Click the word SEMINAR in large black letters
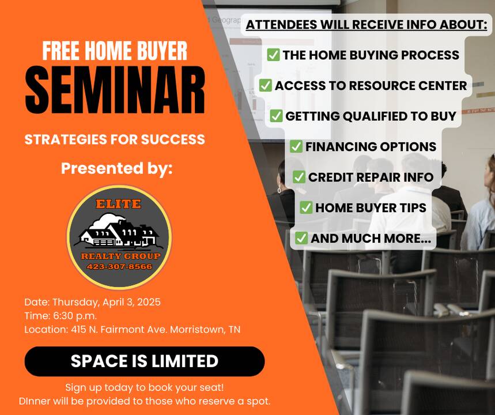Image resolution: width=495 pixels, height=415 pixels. tap(115, 90)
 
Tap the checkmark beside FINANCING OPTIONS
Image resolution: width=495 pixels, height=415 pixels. tap(296, 146)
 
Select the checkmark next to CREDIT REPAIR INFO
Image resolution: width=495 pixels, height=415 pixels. tap(298, 177)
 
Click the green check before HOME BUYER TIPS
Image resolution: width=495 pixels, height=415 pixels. tap(306, 207)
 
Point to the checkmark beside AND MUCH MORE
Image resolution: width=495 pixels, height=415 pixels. tap(301, 238)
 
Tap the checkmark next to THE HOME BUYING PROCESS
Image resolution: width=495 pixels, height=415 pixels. tap(273, 55)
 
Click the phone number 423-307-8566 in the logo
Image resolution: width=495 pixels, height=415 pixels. tap(119, 266)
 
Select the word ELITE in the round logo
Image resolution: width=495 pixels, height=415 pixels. tap(118, 203)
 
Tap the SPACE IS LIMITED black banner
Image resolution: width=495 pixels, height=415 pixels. tap(145, 361)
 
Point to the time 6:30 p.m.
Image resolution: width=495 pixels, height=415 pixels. tap(74, 316)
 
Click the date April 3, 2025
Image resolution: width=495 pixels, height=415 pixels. tap(131, 302)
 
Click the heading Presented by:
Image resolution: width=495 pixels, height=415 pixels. tap(117, 168)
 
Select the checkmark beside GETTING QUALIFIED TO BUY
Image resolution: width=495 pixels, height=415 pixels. tap(276, 116)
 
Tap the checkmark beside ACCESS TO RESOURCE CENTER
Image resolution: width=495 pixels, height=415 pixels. tap(266, 85)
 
